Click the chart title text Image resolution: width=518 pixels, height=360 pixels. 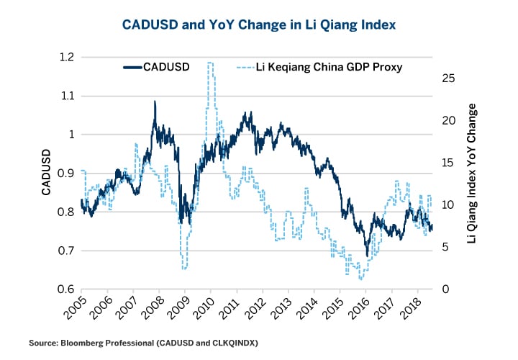pyautogui.click(x=259, y=25)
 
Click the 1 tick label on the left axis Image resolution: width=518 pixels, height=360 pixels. pyautogui.click(x=69, y=135)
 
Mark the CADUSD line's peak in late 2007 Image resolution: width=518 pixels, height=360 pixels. pyautogui.click(x=155, y=102)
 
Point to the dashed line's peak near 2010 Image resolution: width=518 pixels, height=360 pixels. pyautogui.click(x=210, y=63)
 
